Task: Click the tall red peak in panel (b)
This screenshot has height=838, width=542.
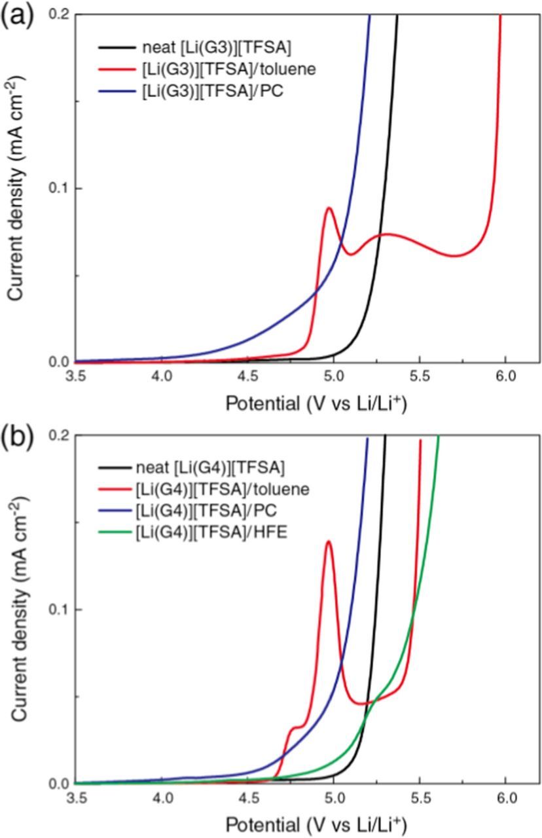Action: tap(329, 541)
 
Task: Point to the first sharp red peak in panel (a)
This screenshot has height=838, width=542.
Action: tap(329, 208)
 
